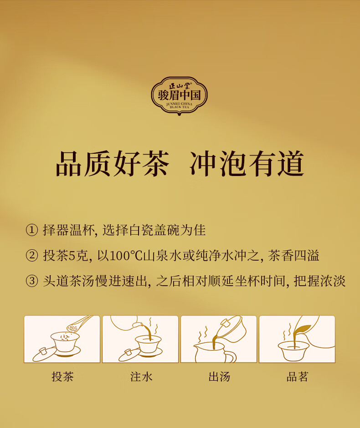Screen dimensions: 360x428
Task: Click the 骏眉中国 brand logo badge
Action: (179, 96)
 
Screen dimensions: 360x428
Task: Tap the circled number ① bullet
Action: (32, 230)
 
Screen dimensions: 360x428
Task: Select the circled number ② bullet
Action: (32, 256)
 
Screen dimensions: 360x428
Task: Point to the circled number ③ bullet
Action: (32, 281)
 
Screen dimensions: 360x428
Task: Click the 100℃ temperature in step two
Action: (126, 256)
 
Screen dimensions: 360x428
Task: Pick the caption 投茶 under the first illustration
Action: (62, 377)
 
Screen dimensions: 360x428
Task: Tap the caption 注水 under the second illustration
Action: (141, 377)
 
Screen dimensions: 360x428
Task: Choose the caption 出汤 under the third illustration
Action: (219, 377)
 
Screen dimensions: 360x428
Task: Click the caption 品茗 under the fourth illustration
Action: (298, 377)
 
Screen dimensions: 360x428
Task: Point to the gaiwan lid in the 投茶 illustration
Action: (43, 354)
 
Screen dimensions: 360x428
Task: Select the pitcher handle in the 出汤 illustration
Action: (230, 357)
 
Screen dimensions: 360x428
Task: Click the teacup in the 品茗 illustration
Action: (293, 351)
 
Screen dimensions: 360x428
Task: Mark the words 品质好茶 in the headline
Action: (113, 164)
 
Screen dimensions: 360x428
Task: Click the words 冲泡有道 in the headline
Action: (247, 164)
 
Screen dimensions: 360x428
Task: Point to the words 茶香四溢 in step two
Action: (293, 256)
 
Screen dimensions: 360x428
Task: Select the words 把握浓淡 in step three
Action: (319, 281)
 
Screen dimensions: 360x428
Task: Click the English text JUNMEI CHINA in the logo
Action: (179, 104)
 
